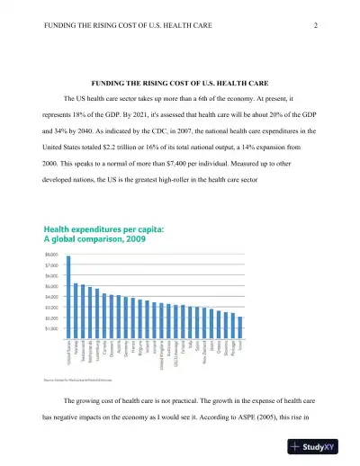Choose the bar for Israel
tap(240, 324)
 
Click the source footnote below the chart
tap(80, 381)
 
